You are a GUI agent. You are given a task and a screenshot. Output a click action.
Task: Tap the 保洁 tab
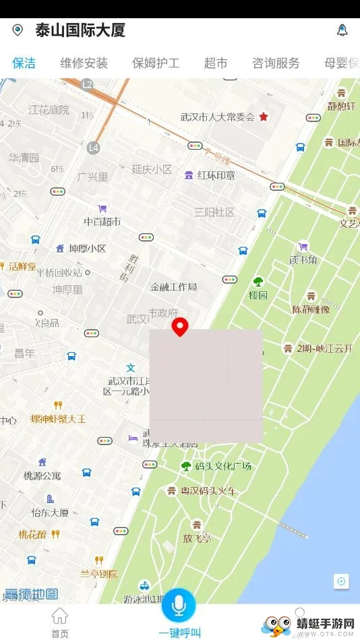pos(24,63)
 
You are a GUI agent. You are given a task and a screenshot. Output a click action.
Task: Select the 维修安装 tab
pos(84,63)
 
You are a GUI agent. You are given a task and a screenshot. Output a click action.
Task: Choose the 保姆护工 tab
pos(156,63)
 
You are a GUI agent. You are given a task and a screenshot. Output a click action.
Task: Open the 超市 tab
pos(216,63)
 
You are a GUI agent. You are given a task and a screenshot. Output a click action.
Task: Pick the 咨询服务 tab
pos(276,63)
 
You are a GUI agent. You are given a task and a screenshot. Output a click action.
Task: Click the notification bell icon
pos(342,30)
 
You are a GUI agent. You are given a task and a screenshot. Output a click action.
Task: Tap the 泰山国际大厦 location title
pos(80,30)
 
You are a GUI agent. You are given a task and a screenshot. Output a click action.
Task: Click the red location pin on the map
pos(179,327)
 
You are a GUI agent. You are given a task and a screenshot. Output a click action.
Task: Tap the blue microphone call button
pos(179,605)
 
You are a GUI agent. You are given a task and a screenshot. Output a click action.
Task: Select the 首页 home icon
pos(60,616)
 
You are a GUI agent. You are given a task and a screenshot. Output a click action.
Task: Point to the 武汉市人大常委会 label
pos(217,117)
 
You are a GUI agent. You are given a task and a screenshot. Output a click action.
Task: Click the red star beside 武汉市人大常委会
pos(264,117)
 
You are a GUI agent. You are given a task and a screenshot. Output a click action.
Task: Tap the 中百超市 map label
pos(102,221)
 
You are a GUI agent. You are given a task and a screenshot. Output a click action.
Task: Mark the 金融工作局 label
pos(174,287)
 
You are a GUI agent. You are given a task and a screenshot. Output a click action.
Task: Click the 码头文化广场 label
pos(222,466)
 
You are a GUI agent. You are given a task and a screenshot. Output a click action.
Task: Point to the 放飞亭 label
pos(197,537)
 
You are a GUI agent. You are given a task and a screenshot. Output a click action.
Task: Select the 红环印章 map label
pos(216,175)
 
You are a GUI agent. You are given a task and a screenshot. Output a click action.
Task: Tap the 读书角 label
pos(303,259)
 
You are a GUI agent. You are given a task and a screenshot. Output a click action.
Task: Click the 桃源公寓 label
pos(42,475)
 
